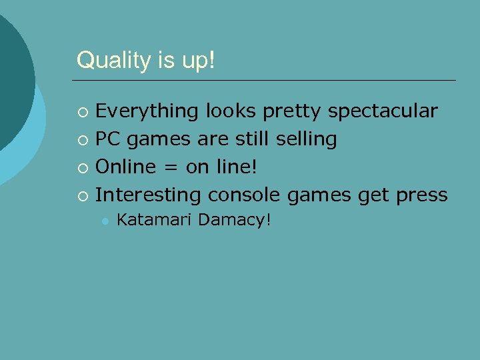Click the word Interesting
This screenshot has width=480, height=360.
click(x=149, y=195)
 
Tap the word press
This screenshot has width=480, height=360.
click(x=421, y=195)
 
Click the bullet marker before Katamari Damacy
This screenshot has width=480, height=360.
click(x=103, y=221)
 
